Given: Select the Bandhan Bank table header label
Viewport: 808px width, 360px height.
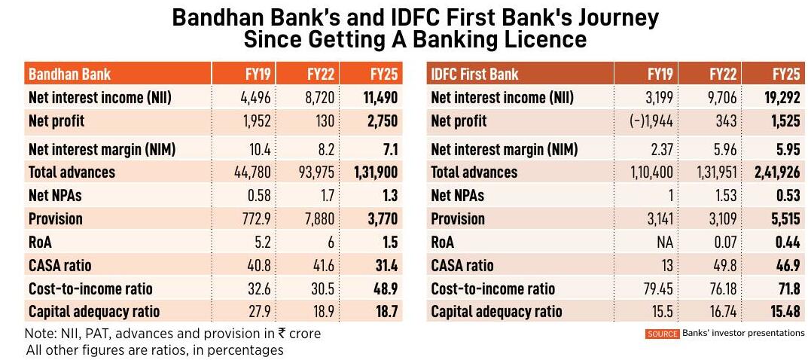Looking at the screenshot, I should [69, 74].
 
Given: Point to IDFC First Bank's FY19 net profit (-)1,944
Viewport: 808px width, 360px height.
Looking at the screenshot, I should [650, 121].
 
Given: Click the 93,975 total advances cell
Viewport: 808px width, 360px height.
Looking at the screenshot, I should [316, 172].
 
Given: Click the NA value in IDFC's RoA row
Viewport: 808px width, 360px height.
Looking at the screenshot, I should [663, 243].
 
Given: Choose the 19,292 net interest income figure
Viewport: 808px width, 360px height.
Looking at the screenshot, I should [779, 97].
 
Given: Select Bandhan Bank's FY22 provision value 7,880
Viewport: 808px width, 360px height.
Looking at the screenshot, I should [319, 219].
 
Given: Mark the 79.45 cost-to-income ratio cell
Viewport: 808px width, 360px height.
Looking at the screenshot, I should [657, 288].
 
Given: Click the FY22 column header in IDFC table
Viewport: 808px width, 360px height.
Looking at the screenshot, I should [722, 74].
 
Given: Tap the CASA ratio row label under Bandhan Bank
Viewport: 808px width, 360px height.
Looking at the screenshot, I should [60, 265].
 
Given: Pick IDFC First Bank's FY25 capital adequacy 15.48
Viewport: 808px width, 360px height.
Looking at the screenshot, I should [783, 311].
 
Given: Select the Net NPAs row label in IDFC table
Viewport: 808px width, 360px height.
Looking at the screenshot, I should [457, 196].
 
